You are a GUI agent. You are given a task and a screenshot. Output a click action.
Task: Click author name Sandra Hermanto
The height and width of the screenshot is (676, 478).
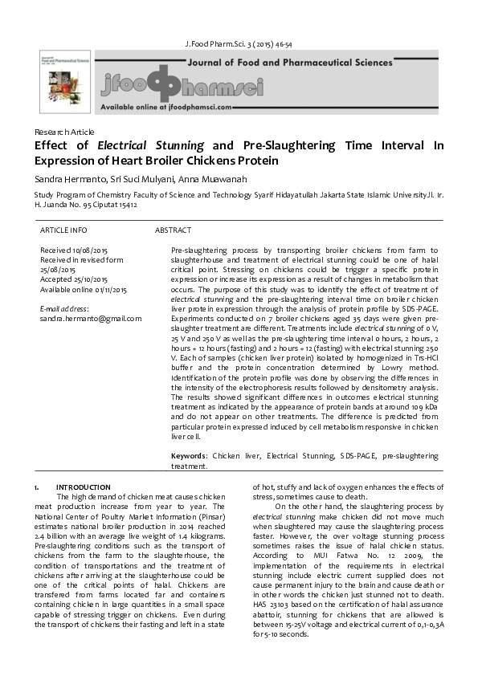click(x=64, y=178)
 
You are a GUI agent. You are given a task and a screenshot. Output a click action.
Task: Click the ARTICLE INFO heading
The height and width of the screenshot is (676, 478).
click(x=63, y=230)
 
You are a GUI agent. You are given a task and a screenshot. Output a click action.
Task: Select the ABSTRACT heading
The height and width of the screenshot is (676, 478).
click(x=173, y=230)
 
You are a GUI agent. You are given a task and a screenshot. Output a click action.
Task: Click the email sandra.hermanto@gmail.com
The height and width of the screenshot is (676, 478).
click(x=91, y=318)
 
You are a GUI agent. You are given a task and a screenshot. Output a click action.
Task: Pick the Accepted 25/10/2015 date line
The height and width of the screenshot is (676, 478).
click(x=75, y=279)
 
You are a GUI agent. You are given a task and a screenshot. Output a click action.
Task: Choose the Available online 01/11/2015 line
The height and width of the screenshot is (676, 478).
click(x=84, y=289)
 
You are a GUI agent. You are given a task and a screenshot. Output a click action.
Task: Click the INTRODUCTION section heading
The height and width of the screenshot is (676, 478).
click(x=83, y=487)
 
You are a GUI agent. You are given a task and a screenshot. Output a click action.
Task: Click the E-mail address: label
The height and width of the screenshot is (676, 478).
click(x=64, y=308)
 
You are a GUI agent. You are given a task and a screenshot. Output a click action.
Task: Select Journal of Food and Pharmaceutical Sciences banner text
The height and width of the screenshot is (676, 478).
click(x=289, y=62)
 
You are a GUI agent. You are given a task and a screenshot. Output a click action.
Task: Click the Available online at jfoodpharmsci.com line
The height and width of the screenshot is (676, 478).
click(x=166, y=106)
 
